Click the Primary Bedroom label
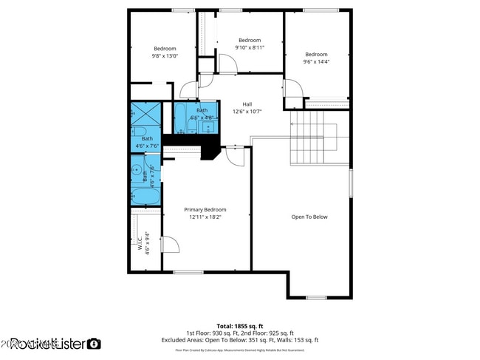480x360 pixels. [x=205, y=210]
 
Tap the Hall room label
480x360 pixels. [x=247, y=104]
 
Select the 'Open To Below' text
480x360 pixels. [x=309, y=217]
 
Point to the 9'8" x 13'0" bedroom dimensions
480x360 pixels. [x=165, y=56]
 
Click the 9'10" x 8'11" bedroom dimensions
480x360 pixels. [x=249, y=47]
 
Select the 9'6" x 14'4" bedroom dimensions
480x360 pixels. [x=316, y=61]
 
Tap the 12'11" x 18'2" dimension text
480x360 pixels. [x=205, y=217]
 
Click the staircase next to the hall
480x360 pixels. [x=308, y=137]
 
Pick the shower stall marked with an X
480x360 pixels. [x=145, y=115]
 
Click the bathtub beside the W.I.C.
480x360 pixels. [x=145, y=197]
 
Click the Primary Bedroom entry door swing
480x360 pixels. [x=234, y=155]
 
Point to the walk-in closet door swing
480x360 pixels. [x=169, y=246]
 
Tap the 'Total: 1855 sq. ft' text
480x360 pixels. [x=239, y=326]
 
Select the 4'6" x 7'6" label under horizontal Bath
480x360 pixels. [x=147, y=146]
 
